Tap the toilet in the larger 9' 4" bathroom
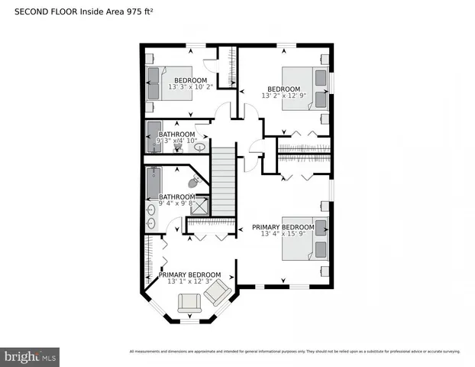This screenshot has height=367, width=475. (x=195, y=181)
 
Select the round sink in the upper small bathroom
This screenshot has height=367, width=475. (x=200, y=146)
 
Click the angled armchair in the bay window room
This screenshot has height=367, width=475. (x=218, y=291)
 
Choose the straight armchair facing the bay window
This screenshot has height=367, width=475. (x=189, y=304)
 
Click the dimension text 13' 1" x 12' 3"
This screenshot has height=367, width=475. (x=189, y=282)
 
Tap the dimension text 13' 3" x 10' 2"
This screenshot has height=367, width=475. (x=189, y=87)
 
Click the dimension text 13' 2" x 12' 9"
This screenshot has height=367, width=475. (x=283, y=96)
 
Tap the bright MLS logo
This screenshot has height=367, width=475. (x=31, y=356)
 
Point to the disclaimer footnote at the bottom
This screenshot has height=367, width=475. (x=295, y=351)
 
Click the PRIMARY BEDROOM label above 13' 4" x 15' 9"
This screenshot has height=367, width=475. (x=283, y=227)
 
